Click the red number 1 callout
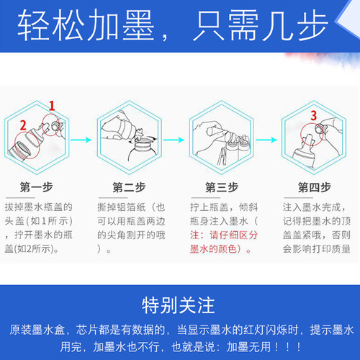click(52, 106)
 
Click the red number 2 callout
click(23, 125)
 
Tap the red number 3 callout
click(314, 115)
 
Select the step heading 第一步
click(37, 187)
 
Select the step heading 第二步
click(129, 187)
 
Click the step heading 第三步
click(222, 187)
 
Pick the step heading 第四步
click(314, 187)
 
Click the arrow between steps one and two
click(81, 140)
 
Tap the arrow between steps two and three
click(174, 140)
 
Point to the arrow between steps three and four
click(266, 140)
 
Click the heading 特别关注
click(178, 305)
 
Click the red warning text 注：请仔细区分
click(224, 235)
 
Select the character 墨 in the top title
click(138, 25)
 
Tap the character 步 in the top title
click(312, 25)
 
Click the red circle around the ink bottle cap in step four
click(312, 135)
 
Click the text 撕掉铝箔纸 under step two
click(122, 207)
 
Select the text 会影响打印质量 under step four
click(317, 249)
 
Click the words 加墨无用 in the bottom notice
click(248, 346)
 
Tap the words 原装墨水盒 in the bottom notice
click(37, 330)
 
